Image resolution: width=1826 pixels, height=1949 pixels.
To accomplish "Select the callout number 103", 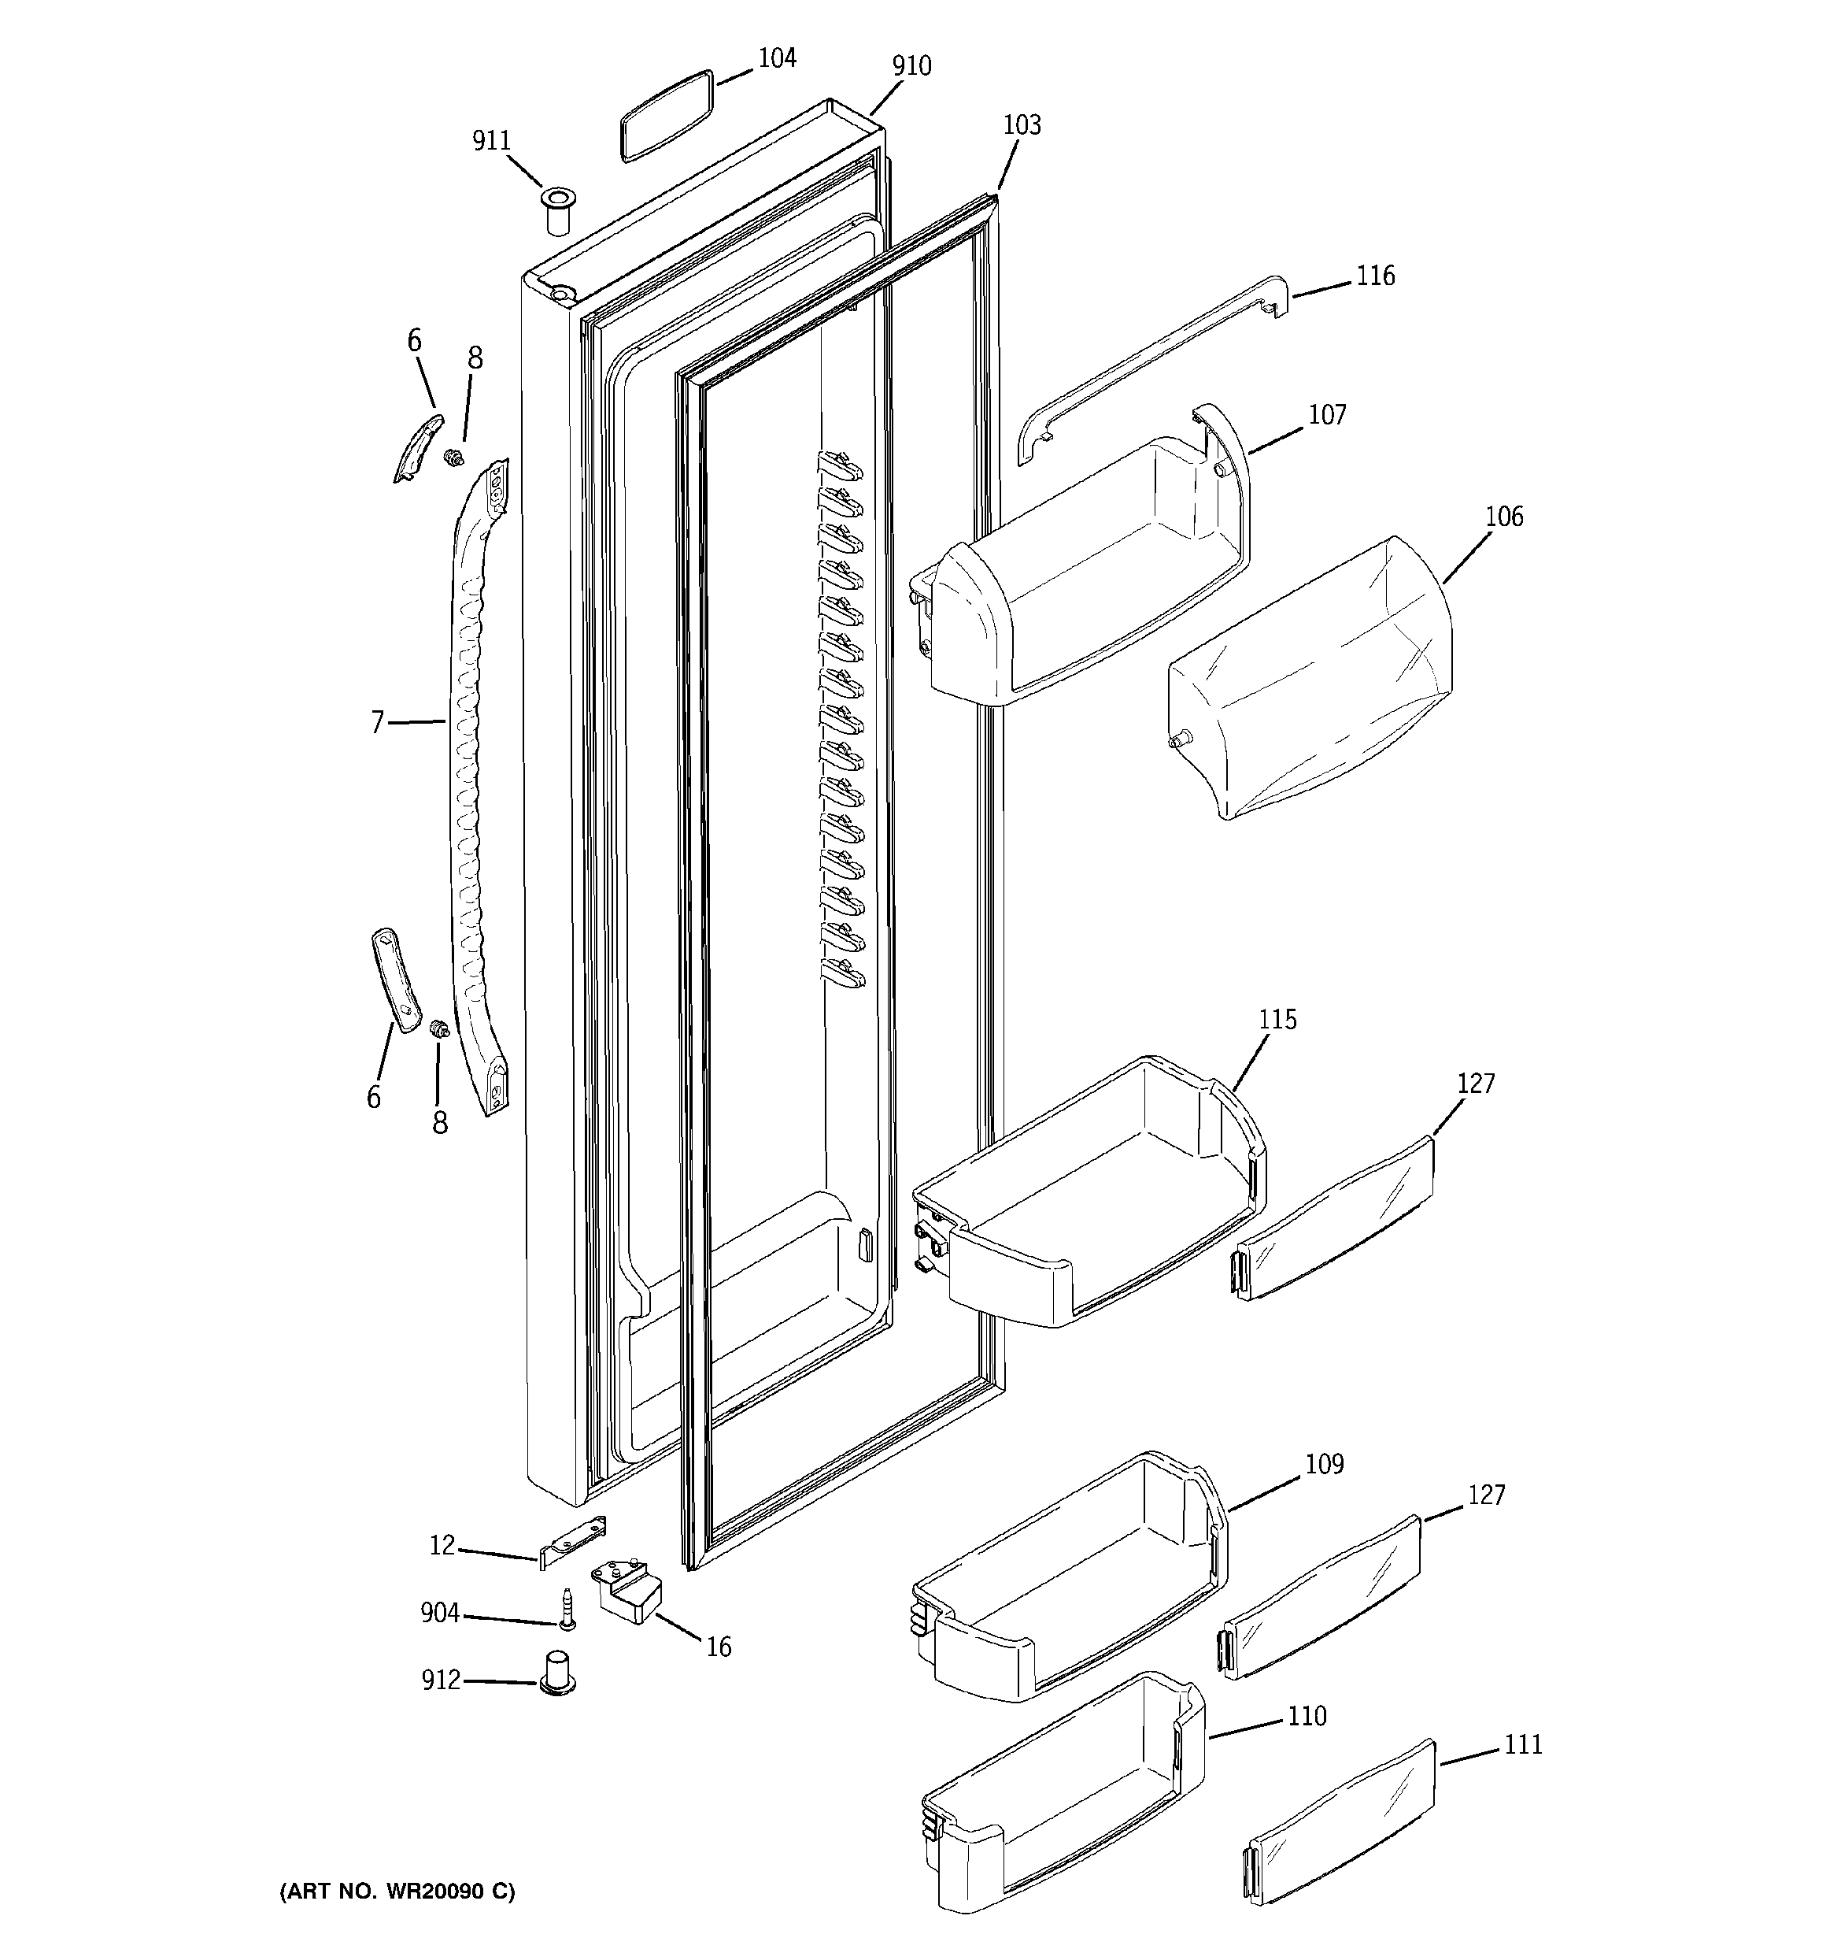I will click(1022, 125).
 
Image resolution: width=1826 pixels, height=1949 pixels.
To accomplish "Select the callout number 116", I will click(1374, 276).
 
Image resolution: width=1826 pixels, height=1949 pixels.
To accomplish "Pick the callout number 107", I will click(1327, 416).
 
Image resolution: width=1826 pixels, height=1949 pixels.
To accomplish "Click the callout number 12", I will click(442, 1546).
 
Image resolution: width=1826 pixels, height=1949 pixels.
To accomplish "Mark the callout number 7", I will click(377, 724).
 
